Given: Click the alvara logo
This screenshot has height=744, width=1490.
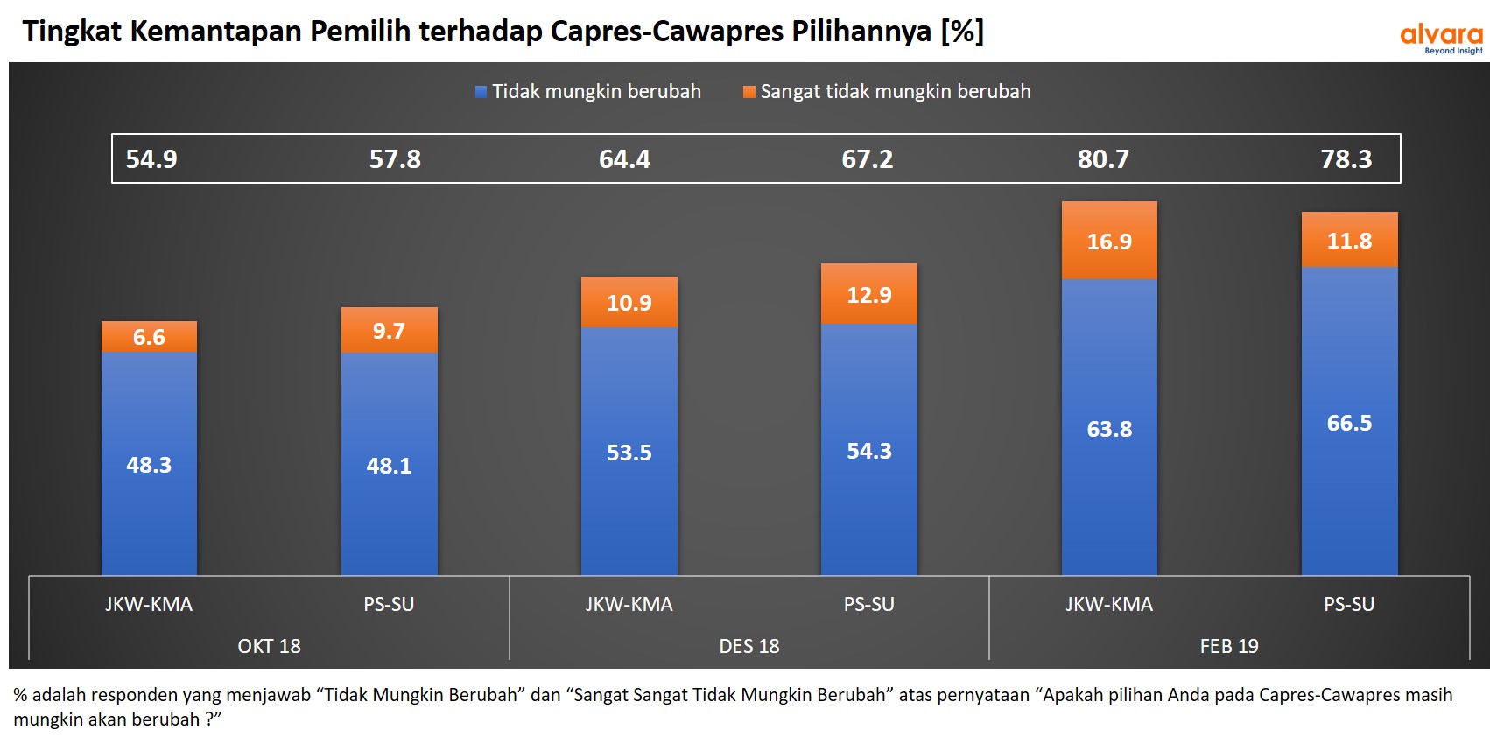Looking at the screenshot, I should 1441,38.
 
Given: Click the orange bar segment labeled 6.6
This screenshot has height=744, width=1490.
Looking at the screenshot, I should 149,337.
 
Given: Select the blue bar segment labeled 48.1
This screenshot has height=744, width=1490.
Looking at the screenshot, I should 389,465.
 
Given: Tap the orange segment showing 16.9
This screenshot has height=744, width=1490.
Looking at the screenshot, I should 1109,242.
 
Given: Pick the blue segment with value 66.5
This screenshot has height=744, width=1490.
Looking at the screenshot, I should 1349,423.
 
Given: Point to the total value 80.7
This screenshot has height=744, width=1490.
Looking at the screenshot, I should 1103,159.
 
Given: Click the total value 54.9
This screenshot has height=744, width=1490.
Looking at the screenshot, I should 151,159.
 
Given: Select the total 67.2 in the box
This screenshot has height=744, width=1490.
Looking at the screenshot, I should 868,159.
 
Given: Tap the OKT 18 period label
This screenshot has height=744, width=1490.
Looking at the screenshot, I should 269,646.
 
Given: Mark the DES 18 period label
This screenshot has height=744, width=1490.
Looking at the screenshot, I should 749,646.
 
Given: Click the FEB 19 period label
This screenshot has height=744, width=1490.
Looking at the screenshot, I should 1229,646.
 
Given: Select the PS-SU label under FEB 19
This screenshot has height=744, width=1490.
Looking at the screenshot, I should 1349,604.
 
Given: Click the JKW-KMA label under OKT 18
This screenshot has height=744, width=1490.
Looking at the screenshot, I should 149,604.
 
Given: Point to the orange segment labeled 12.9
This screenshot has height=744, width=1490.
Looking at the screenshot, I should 869,295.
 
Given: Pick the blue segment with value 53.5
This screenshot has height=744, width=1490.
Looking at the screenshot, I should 629,453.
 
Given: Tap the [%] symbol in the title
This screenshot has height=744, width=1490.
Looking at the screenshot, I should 962,32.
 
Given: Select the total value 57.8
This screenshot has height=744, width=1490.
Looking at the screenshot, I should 395,159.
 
